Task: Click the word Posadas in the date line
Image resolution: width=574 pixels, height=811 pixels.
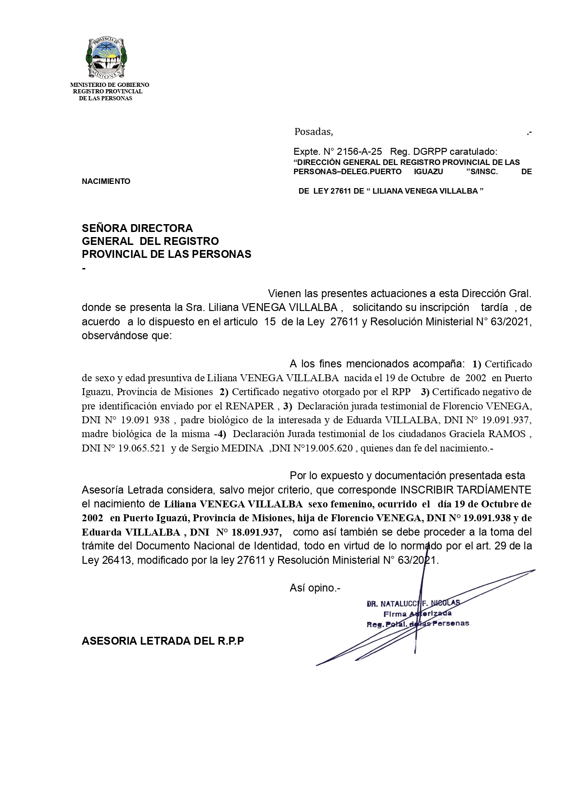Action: click(x=313, y=132)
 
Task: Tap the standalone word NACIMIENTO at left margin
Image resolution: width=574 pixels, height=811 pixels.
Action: click(x=106, y=181)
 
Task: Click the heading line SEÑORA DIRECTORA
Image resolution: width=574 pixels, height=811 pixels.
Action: click(x=137, y=228)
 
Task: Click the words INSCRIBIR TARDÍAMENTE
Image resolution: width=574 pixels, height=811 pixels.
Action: click(x=465, y=489)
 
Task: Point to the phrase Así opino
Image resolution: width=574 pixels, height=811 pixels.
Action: click(x=315, y=588)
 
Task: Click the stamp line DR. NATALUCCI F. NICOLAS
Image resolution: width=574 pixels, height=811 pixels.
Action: click(x=413, y=603)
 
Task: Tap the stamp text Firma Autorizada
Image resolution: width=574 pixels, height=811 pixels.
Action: click(x=417, y=614)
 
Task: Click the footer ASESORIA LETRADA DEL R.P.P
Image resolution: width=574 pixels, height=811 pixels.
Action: click(x=163, y=641)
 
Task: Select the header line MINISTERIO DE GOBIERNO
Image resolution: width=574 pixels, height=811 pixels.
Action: click(x=110, y=85)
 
